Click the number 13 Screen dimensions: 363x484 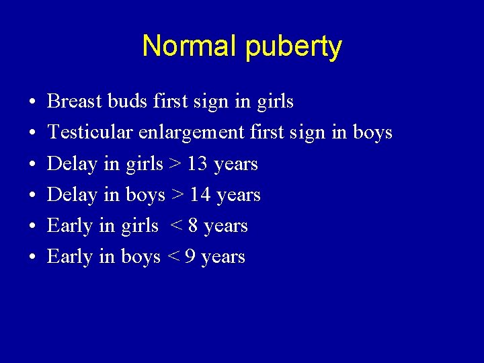(x=198, y=163)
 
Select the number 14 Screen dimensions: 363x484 (x=200, y=194)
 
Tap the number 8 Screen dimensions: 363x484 (x=193, y=225)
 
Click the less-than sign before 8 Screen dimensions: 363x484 (x=177, y=226)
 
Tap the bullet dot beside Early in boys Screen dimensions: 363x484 (x=33, y=257)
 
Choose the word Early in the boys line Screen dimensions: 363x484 (x=70, y=256)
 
